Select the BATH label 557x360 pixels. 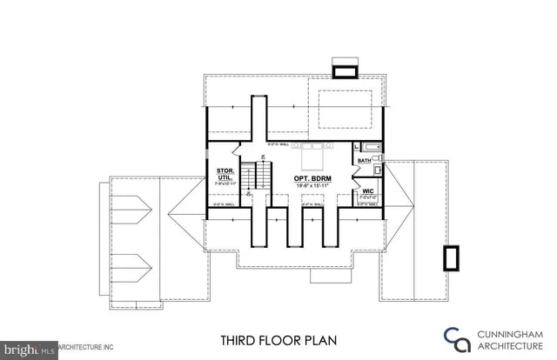365,160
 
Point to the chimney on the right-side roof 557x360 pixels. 452,258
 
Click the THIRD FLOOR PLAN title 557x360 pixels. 272,340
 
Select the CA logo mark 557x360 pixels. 455,339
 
